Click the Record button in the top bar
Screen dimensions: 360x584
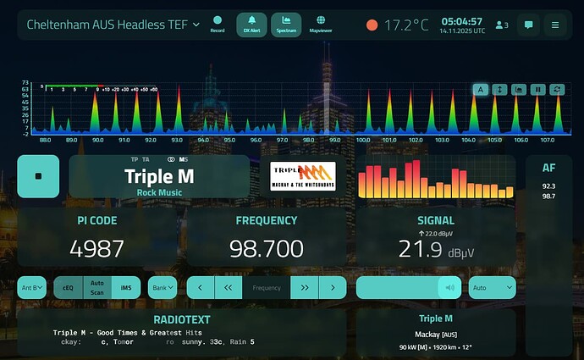coord(218,25)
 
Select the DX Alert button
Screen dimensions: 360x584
coord(251,25)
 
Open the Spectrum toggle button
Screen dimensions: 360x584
coord(286,25)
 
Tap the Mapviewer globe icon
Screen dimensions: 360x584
coord(321,25)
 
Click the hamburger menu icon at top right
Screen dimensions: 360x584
coord(555,25)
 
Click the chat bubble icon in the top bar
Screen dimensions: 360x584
coord(528,25)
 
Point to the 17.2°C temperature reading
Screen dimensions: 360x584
coord(406,25)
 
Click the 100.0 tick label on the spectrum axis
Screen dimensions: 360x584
coord(363,141)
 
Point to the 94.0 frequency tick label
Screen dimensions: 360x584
coord(203,141)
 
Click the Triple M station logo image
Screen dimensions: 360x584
coord(303,177)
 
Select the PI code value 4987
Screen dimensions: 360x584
coord(96,248)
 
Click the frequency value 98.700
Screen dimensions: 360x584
coord(266,248)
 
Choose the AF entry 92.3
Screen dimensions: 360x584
coord(548,186)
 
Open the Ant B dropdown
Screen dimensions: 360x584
coord(32,288)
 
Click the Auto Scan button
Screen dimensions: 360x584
coord(97,288)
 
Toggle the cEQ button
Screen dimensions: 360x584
coord(69,288)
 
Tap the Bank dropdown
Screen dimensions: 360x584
coord(163,288)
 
